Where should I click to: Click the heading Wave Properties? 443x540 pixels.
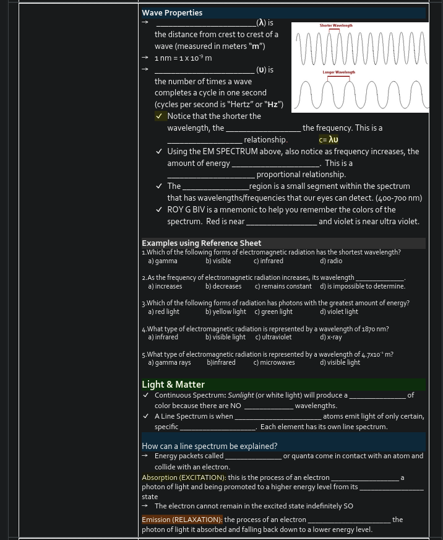click(x=172, y=12)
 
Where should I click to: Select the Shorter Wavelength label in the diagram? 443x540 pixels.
click(x=336, y=25)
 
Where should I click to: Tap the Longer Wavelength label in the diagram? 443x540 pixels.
click(x=338, y=72)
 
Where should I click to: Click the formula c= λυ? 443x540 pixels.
click(x=329, y=140)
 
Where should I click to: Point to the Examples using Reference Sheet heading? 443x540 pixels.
click(x=202, y=243)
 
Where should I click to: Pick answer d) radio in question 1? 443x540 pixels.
click(x=331, y=261)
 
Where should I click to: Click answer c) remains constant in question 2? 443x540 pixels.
click(x=283, y=286)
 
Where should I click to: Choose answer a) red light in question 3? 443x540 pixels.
click(x=164, y=311)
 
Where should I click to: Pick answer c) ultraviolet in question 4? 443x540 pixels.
click(x=273, y=337)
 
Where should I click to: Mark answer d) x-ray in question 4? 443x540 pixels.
click(x=331, y=337)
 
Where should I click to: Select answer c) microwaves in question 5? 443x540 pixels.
click(x=274, y=362)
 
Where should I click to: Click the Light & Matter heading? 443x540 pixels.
click(x=173, y=385)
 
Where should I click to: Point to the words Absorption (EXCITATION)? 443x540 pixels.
click(x=183, y=477)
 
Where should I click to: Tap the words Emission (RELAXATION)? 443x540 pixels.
click(x=182, y=520)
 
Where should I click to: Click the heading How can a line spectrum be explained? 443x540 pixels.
click(x=209, y=446)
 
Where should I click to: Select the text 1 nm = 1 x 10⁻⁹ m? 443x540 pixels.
click(x=183, y=58)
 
